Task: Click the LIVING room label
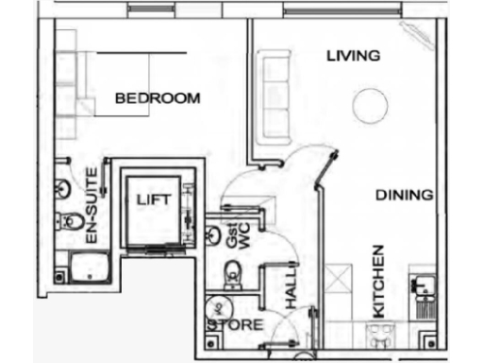(x=353, y=56)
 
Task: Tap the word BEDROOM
(x=158, y=98)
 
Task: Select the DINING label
(x=404, y=196)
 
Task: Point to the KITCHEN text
(x=379, y=282)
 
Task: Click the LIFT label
(x=153, y=200)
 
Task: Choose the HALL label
(x=291, y=293)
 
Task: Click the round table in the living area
(x=369, y=105)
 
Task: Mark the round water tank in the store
(x=216, y=308)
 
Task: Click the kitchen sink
(x=421, y=283)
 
